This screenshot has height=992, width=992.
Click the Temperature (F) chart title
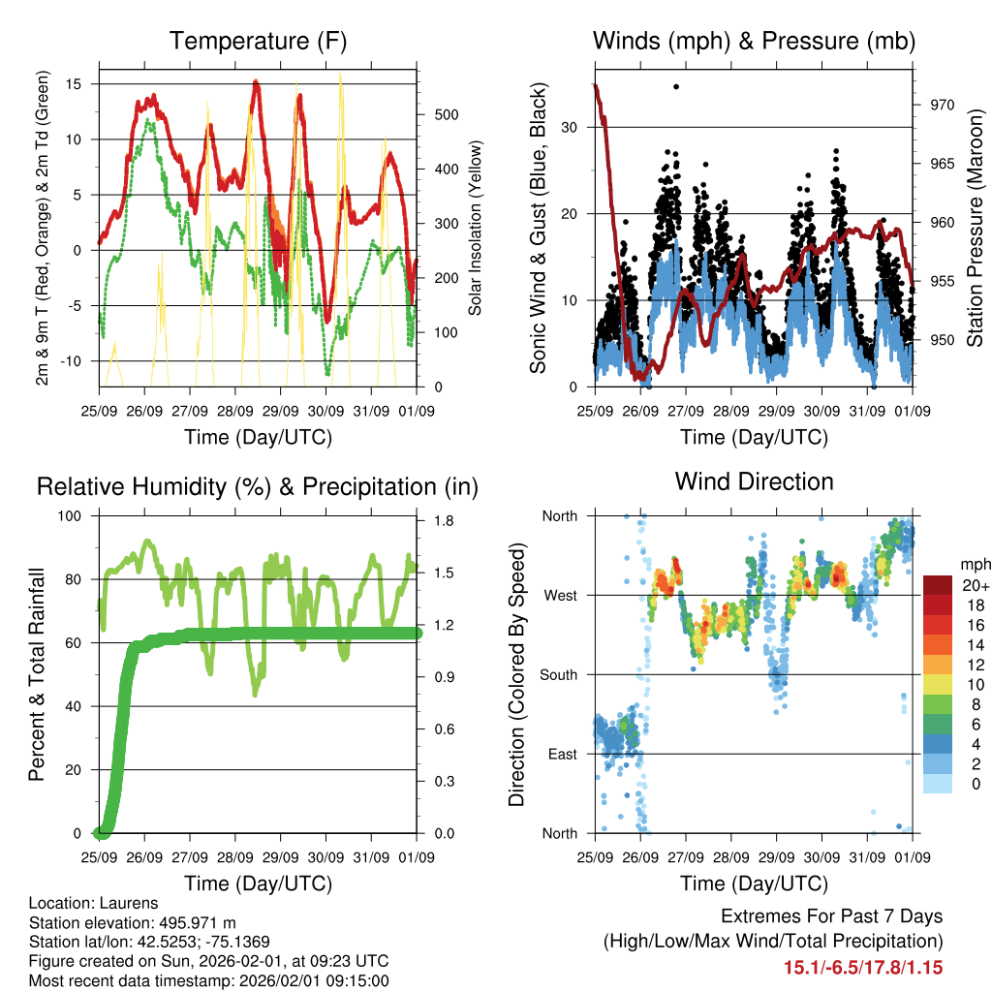[x=258, y=42]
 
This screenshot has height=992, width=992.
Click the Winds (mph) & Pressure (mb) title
[x=754, y=42]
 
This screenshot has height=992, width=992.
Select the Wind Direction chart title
[x=754, y=481]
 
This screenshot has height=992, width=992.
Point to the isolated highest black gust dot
[x=676, y=86]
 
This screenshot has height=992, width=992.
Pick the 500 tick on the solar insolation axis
[x=446, y=114]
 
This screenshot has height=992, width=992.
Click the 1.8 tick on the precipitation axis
[x=444, y=521]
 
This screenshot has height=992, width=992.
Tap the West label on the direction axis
[x=559, y=596]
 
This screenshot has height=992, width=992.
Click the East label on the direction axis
[x=560, y=755]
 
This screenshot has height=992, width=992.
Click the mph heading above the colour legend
[x=973, y=565]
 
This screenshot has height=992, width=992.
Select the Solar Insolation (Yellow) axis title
[x=476, y=229]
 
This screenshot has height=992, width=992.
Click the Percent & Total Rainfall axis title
[x=37, y=675]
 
